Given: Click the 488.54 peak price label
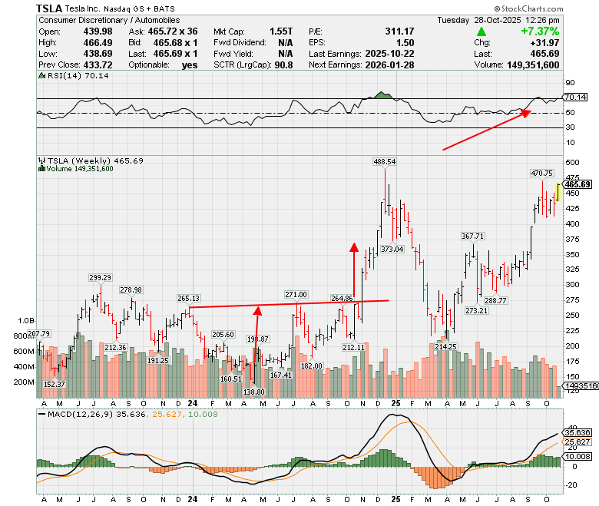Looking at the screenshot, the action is [x=385, y=162].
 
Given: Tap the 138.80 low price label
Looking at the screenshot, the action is [x=253, y=392].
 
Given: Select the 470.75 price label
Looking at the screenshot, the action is [x=541, y=174].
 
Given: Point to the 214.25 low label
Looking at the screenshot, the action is [x=446, y=347].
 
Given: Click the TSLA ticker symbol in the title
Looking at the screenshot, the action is [x=49, y=8].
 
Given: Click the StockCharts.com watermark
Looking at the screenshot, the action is [x=528, y=8].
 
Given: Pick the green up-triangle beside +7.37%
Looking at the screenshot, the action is [x=482, y=31].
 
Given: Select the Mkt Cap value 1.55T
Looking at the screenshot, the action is [x=281, y=31].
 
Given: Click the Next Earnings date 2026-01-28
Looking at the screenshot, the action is [x=389, y=65].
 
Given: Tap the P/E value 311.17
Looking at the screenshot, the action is [x=399, y=31].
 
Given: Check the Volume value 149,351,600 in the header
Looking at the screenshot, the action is [x=533, y=65].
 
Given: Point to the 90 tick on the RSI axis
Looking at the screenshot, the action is [x=570, y=83].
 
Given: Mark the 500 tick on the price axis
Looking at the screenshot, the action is [x=572, y=162].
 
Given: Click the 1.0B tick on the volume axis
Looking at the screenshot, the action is [x=26, y=321].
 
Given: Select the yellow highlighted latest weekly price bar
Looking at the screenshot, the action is [x=558, y=193].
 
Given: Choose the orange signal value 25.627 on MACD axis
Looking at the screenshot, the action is [x=577, y=442].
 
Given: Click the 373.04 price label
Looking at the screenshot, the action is [x=392, y=250].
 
